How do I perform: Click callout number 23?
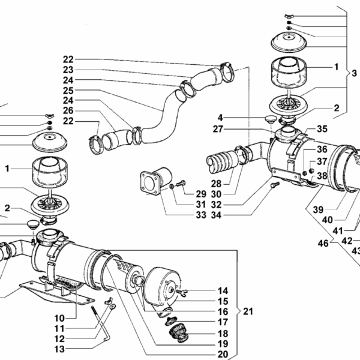coord(68,70)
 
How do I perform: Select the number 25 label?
coord(68,91)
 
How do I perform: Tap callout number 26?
coord(68,110)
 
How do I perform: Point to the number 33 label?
coord(201,215)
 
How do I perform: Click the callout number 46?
coord(323,244)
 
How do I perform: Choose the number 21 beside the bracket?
coord(248,311)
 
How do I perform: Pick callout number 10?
coord(59,319)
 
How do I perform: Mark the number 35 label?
coord(322,129)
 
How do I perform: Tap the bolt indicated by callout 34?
coord(275,185)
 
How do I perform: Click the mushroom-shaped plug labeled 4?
coord(270,119)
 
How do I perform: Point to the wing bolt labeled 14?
coord(182,292)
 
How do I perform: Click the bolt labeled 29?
coord(181,184)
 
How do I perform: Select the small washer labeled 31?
coord(172,186)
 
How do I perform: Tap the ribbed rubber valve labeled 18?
coord(179,332)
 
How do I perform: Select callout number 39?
coord(318,210)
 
